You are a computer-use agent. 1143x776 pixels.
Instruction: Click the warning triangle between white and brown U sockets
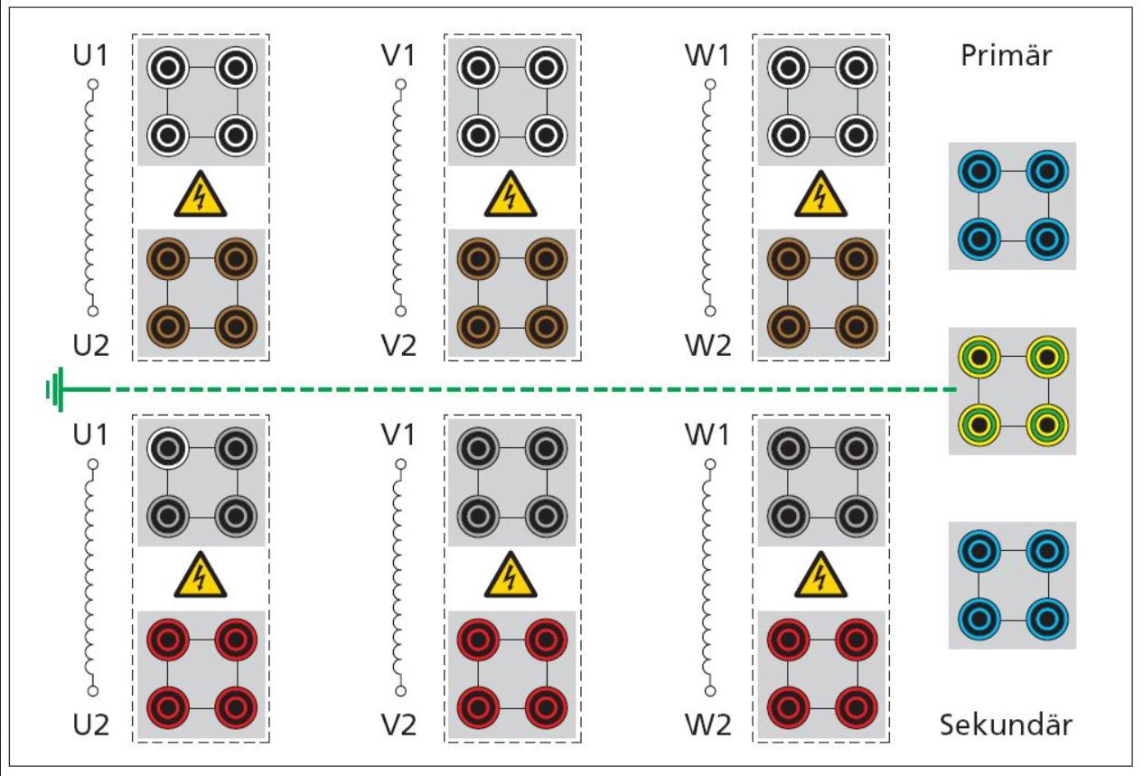tap(201, 195)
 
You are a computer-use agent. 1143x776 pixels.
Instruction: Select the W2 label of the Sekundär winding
tap(710, 725)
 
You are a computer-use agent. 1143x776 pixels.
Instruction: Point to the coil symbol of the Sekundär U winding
tap(91, 578)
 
